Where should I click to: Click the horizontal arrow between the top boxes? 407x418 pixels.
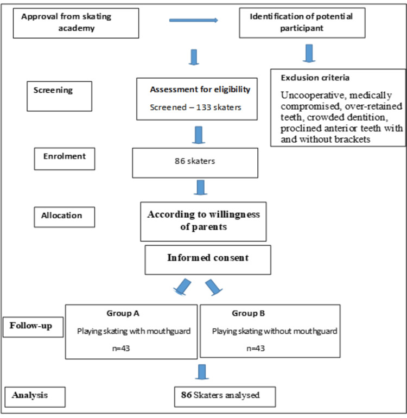[x=194, y=20]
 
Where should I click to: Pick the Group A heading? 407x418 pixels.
[x=123, y=313]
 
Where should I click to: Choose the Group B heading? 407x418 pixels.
[x=249, y=313]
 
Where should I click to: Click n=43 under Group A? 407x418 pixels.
[x=121, y=349]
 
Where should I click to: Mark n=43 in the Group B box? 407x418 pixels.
[x=256, y=349]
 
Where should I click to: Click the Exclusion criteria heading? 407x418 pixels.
[x=315, y=78]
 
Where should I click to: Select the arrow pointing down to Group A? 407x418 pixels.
[x=182, y=287]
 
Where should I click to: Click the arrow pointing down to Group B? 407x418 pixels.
[x=214, y=287]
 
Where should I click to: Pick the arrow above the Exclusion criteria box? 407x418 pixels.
[x=309, y=53]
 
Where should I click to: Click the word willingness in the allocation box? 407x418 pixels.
[x=234, y=214]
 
